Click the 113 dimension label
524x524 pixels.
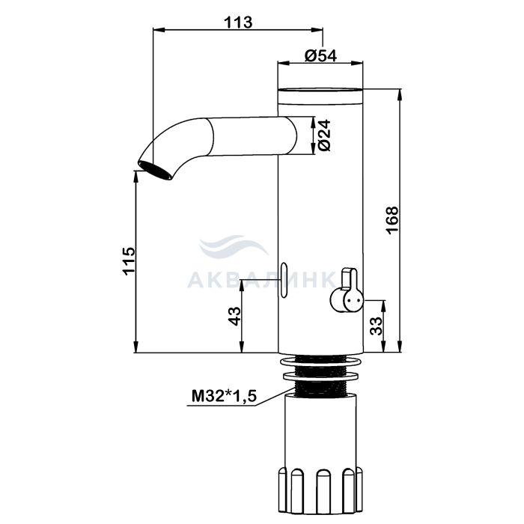tap(238, 22)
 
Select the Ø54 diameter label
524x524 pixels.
tap(321, 55)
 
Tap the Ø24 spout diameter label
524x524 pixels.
tap(324, 135)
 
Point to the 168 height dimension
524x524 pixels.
tap(392, 220)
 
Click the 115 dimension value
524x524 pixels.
tap(129, 261)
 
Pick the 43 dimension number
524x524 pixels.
tap(234, 316)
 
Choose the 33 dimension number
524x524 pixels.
tap(376, 326)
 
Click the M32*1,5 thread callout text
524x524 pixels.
tap(224, 396)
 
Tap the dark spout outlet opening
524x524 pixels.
tap(155, 170)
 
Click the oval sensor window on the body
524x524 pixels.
tap(284, 280)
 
